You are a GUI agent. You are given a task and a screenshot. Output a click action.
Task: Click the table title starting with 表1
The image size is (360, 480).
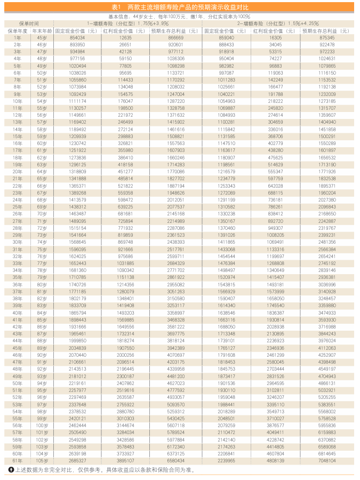coord(180,7)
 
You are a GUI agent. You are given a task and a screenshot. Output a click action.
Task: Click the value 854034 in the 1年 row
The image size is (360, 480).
coord(77,38)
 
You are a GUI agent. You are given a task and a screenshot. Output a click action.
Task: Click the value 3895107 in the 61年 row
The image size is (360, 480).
coord(125,460)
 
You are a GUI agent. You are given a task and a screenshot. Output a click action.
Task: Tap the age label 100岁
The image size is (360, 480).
coord(42,425)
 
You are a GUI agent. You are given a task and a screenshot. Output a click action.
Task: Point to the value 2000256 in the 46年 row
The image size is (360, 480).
coord(125,355)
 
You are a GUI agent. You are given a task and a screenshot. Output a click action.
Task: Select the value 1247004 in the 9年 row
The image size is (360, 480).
coord(175,94)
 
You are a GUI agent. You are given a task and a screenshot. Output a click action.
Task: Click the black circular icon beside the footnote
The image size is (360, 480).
coord(11,470)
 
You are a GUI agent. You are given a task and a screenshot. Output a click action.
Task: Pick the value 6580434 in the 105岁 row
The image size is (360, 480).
coord(175,460)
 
